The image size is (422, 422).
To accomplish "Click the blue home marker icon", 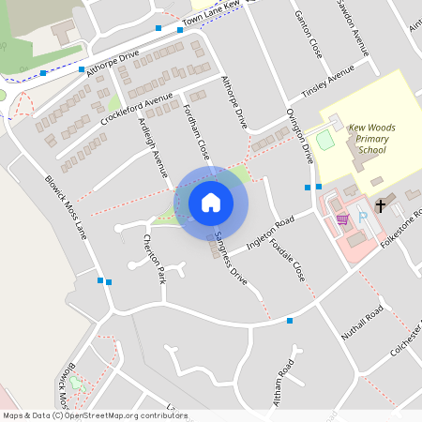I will pos(211,202).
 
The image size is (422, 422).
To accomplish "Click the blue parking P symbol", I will pos(363,218).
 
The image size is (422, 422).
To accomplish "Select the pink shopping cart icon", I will pos(342,219).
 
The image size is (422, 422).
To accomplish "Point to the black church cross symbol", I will pos(381,204).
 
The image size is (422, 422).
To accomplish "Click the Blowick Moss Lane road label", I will pos(66,206).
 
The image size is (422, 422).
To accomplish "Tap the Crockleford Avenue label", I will pos(138,108).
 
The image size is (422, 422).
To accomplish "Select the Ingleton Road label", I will pos(270,232).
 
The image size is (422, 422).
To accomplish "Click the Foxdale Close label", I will pos(287,259).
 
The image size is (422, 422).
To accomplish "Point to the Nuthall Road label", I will pos(362,324).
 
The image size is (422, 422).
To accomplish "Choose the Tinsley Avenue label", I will pos(327,83).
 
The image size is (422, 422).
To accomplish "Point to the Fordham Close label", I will pos(197,131).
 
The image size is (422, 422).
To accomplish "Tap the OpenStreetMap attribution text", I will pos(95,415).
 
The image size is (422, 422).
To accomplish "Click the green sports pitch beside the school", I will pos(325,141).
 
